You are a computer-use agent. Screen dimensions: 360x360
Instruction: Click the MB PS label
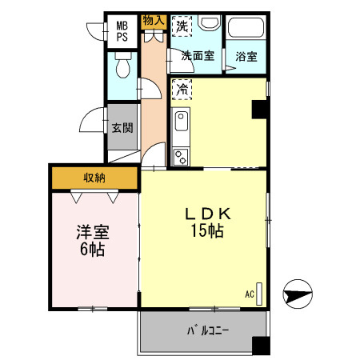tap(122, 31)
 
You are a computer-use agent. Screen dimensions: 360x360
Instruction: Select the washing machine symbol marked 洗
tap(182, 26)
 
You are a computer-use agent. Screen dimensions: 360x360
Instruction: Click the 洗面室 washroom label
tap(197, 56)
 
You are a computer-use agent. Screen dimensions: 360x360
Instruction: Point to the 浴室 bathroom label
tap(246, 56)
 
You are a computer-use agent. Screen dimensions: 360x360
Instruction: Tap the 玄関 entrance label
tap(122, 127)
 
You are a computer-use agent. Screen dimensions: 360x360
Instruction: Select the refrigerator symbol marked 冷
tap(182, 89)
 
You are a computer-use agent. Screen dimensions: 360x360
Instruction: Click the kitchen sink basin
tap(181, 124)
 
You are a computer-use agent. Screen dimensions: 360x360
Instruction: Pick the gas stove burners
tap(181, 155)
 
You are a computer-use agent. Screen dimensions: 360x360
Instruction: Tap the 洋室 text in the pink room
tap(93, 233)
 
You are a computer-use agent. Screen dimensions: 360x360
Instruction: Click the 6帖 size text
tap(93, 249)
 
